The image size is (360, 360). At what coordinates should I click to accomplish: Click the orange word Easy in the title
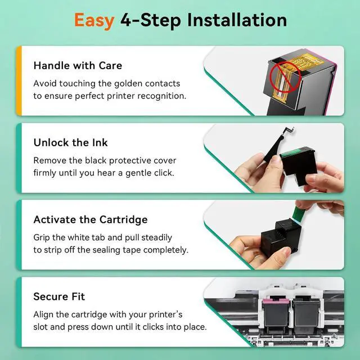click(x=94, y=21)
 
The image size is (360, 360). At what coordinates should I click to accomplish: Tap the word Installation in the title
click(x=237, y=20)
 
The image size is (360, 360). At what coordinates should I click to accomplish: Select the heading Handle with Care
click(x=78, y=66)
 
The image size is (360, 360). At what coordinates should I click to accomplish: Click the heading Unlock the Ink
click(x=70, y=142)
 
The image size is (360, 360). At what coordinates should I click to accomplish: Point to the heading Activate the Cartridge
click(x=91, y=220)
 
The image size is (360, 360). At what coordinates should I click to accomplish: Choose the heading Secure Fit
click(x=59, y=296)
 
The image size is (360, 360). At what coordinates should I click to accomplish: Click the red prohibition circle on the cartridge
click(x=285, y=78)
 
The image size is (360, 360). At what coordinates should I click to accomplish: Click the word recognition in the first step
click(x=161, y=96)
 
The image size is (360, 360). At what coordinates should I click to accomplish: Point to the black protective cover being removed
click(x=277, y=144)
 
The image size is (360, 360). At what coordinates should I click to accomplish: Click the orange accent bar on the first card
click(x=19, y=80)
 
